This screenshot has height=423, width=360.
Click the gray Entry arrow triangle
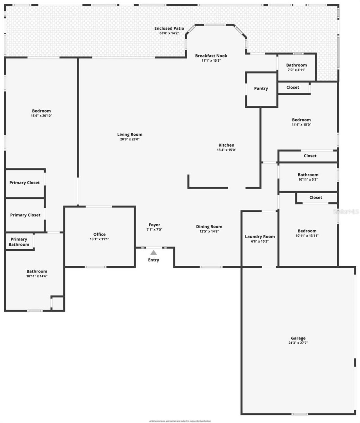tap(153, 252)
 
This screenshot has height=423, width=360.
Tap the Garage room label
tap(298, 338)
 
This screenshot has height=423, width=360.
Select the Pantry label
tap(261, 88)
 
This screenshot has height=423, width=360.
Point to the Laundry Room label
tap(260, 237)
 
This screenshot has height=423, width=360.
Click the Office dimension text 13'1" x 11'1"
tap(99, 239)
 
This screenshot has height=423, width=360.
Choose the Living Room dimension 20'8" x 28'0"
tap(130, 139)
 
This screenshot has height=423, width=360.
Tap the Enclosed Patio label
tap(169, 28)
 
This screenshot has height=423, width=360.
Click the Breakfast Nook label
tap(211, 56)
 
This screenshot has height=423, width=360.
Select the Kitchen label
tap(226, 145)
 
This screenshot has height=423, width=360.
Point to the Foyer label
tap(154, 225)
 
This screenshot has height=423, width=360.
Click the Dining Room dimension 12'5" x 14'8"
tap(209, 231)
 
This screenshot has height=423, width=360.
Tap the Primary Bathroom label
tap(19, 242)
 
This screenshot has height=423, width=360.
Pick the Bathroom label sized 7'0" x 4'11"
tap(296, 65)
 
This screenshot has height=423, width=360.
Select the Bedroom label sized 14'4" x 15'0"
tap(301, 120)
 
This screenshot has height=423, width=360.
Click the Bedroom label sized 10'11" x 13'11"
tap(307, 231)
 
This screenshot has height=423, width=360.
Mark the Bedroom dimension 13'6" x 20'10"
tap(41, 116)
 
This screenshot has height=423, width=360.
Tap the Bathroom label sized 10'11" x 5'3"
tap(308, 175)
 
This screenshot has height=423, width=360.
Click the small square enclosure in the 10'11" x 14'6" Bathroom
tap(58, 303)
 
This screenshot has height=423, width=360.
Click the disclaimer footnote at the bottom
tap(180, 421)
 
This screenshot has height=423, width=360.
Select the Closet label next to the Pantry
tap(292, 87)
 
